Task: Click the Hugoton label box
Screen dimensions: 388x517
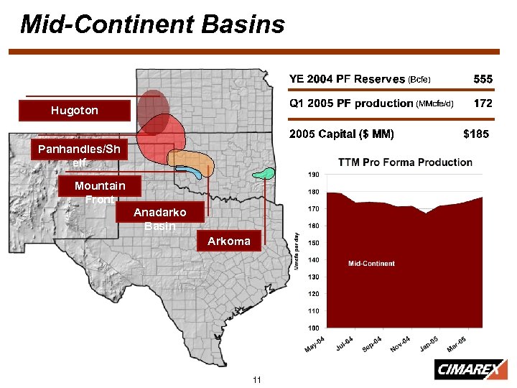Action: (x=75, y=111)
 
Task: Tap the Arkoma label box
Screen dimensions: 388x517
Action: (x=229, y=241)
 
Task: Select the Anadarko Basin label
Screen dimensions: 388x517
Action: (x=160, y=218)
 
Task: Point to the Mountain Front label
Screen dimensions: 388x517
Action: (x=100, y=192)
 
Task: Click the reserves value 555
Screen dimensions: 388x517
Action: (x=482, y=78)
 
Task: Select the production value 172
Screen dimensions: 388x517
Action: (x=483, y=103)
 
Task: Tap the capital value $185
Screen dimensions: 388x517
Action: (x=477, y=134)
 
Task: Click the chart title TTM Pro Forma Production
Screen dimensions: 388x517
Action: (x=405, y=162)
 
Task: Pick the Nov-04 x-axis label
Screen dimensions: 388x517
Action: (x=400, y=344)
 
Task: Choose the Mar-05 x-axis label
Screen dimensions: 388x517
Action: (x=457, y=344)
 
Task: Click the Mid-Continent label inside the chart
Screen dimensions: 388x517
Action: (x=371, y=264)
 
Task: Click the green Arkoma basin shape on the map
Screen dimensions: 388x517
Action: (x=266, y=173)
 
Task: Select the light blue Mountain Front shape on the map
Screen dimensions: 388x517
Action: (x=188, y=170)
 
